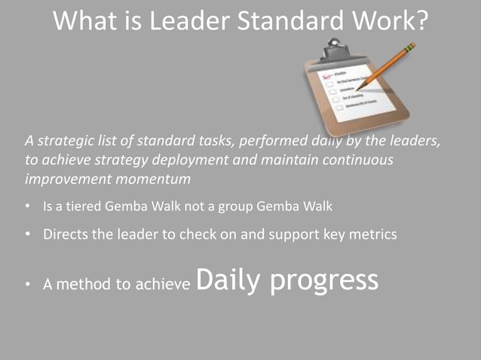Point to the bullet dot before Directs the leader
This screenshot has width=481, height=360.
tap(28, 234)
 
